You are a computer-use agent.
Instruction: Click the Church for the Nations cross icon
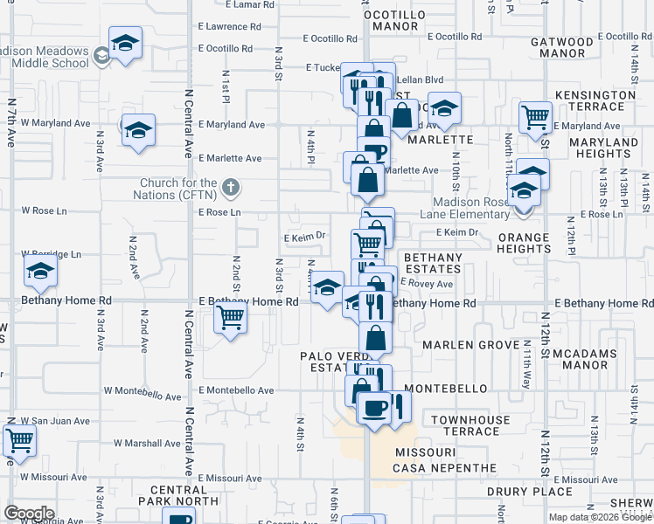tap(230, 188)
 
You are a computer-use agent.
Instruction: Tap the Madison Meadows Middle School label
tap(45, 57)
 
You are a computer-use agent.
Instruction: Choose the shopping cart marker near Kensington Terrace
tap(535, 116)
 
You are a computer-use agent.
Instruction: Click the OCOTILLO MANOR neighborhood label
tap(394, 21)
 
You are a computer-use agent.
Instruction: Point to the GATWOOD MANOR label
tap(562, 47)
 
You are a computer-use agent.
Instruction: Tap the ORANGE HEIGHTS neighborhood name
tap(524, 243)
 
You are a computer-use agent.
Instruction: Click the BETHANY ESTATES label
tap(432, 263)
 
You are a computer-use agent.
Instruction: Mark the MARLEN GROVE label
tap(472, 345)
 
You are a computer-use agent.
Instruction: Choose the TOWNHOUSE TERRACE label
tap(470, 425)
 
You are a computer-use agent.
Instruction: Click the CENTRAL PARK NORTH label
tap(184, 495)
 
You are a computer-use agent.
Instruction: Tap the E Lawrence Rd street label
tap(230, 27)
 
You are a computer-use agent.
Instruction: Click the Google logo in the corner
tap(29, 514)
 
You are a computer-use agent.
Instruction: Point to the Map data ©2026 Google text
tap(600, 517)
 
